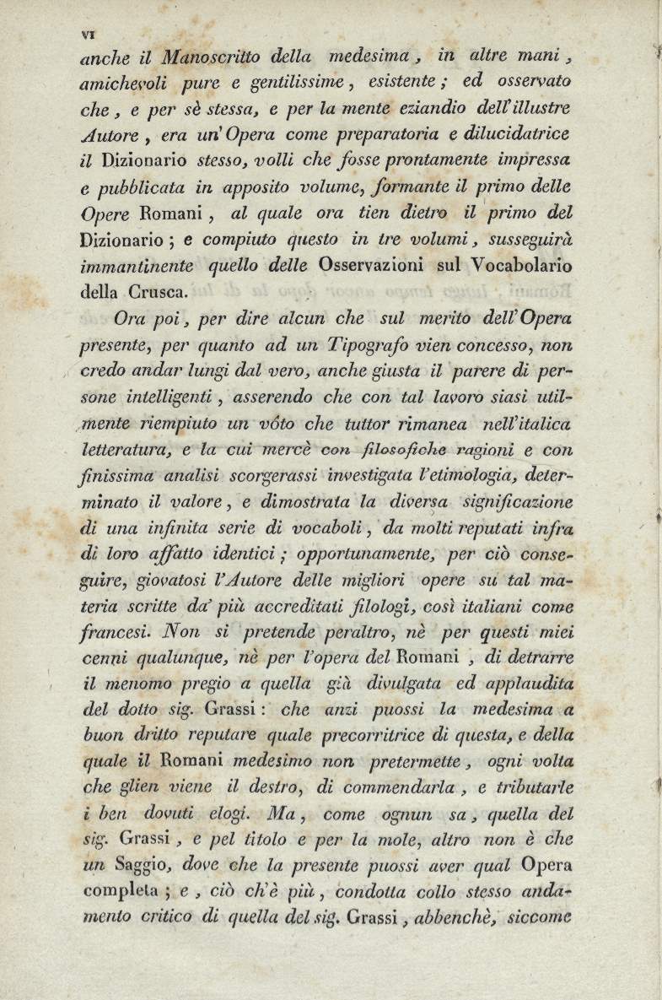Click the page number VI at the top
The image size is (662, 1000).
pyautogui.click(x=86, y=34)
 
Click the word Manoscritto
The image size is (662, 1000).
pyautogui.click(x=210, y=58)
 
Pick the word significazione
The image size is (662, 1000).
pyautogui.click(x=518, y=502)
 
